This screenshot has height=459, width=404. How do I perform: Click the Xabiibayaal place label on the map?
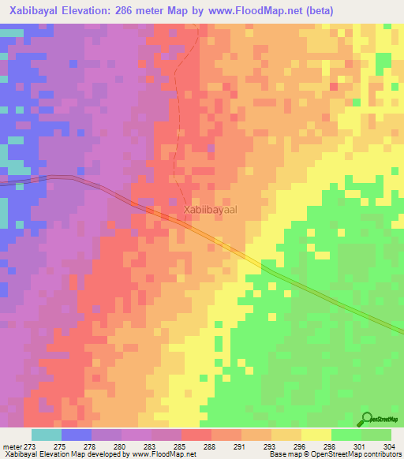click(210, 211)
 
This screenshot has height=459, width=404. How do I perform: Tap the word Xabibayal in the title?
click(38, 11)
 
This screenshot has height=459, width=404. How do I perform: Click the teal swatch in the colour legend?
click(47, 435)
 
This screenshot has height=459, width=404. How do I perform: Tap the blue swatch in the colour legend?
click(77, 435)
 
